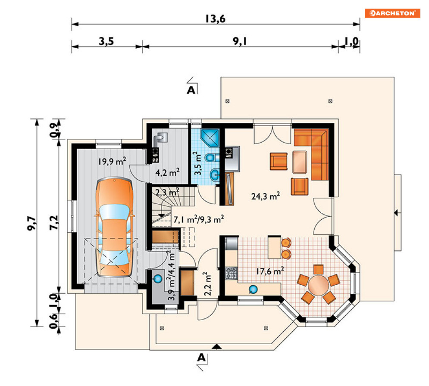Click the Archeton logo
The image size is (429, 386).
392,13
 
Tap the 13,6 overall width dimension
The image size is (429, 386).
215,19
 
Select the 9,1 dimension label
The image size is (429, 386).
240,41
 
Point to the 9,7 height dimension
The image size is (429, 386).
31,223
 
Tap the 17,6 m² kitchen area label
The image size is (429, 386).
270,271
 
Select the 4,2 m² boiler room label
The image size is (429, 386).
167,172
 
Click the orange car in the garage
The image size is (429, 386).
114,227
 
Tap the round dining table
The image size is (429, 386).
319,285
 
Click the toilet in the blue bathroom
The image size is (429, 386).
212,158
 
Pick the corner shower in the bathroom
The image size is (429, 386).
210,138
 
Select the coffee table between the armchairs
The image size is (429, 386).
300,162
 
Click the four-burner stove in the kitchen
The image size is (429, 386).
231,273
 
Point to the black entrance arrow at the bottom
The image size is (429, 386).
217,347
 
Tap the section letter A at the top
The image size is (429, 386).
191,90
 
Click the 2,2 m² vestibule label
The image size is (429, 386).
208,283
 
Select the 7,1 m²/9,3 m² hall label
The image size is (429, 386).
199,219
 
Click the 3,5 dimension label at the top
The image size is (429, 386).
106,41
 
